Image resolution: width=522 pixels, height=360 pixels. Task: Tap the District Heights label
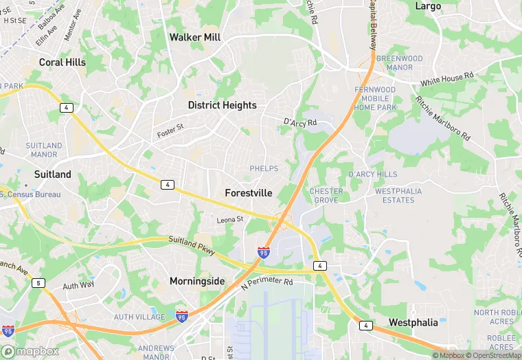coord(222,105)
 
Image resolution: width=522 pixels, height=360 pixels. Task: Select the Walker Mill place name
coord(195,37)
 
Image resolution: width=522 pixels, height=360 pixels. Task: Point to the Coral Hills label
coord(63,62)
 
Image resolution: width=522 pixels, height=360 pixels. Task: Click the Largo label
coord(428,5)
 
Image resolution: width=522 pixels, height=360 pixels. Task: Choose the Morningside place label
coord(197,281)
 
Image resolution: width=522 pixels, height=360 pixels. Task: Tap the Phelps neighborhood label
coord(264,168)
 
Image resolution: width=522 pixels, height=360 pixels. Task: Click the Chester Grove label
coord(327,195)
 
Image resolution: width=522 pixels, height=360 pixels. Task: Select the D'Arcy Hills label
coord(373,175)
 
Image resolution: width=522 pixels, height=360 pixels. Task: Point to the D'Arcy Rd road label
coord(300,122)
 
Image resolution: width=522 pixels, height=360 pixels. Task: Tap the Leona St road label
coord(230,219)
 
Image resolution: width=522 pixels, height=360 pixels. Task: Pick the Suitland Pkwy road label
coord(192,245)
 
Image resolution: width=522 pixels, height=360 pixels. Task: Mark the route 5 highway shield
coord(38,282)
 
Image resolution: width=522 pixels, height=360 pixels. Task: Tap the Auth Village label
coord(139,317)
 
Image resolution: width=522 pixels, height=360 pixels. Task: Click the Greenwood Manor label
coord(399,63)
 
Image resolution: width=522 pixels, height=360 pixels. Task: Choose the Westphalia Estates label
coord(394,195)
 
